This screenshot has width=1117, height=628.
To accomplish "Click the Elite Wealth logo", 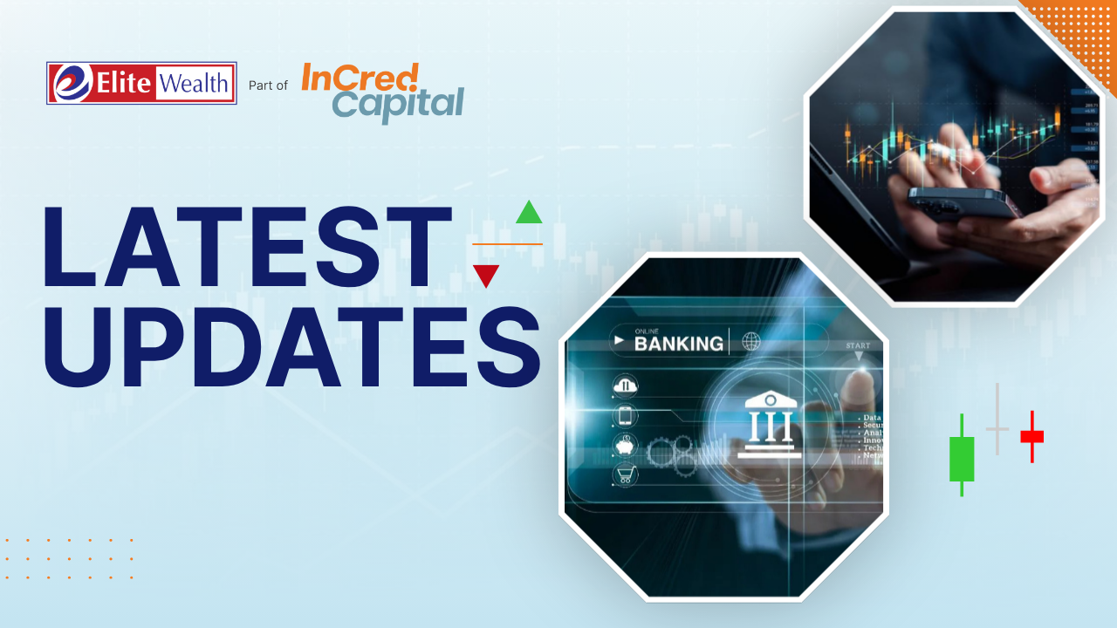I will click(141, 84).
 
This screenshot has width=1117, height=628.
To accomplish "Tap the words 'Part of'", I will click(268, 85).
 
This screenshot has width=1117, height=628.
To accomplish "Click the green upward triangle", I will click(529, 213).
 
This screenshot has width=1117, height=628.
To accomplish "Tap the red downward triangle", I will click(485, 276).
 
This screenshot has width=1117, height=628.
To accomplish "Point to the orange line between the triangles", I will click(507, 244).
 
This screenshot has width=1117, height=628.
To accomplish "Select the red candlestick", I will click(1031, 436).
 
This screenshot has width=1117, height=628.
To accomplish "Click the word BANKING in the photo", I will click(678, 343).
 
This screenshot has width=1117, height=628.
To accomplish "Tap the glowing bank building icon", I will click(769, 425).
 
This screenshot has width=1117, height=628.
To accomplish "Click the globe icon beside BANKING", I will click(750, 342).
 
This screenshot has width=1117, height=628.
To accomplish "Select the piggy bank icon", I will click(626, 445).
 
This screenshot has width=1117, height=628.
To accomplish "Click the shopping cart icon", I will click(626, 474).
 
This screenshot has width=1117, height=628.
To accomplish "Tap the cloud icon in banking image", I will click(626, 386).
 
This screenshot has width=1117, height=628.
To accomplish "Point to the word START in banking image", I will click(857, 345).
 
